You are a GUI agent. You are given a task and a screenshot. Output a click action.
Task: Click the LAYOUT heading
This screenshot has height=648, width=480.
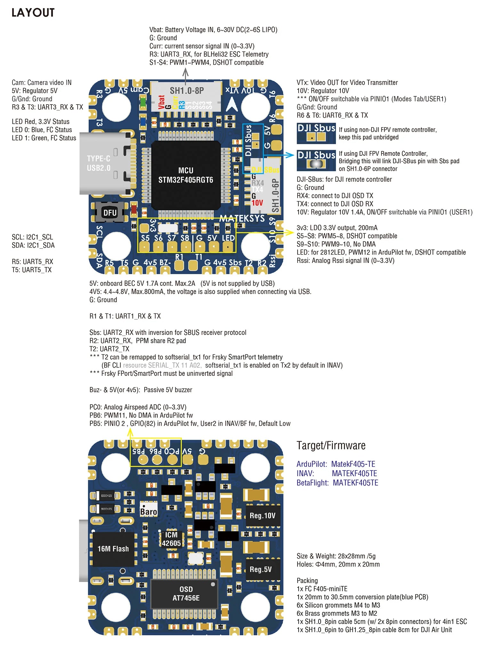click(x=33, y=13)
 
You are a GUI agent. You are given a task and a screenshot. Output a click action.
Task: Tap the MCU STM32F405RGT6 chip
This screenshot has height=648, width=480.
click(x=186, y=175)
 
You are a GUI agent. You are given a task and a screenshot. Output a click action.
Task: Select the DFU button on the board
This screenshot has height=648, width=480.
click(x=110, y=213)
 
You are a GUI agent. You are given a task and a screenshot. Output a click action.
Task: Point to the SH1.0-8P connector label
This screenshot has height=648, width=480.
click(x=187, y=91)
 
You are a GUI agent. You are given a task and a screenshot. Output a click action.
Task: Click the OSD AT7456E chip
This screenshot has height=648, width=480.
click(x=186, y=594)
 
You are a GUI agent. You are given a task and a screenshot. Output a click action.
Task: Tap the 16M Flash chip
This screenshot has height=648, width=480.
click(x=113, y=549)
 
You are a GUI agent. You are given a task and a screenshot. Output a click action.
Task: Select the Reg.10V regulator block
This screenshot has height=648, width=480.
click(x=262, y=516)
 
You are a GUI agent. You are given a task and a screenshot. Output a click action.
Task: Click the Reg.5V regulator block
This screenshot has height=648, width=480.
click(x=261, y=569)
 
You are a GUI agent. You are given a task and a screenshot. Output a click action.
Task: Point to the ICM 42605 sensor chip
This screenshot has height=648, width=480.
click(x=171, y=539)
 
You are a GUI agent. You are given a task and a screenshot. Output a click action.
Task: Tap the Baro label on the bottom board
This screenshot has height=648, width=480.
click(x=148, y=512)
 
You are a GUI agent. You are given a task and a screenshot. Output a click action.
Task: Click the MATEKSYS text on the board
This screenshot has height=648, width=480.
click(x=242, y=218)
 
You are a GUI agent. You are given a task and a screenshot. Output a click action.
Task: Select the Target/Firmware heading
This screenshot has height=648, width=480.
click(x=331, y=446)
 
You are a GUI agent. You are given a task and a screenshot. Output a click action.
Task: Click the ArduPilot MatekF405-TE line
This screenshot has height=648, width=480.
click(x=336, y=464)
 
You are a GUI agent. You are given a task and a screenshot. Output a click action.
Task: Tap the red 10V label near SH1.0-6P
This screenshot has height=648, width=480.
click(x=257, y=203)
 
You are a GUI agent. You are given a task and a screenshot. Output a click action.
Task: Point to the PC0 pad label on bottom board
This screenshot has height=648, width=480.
click(x=172, y=451)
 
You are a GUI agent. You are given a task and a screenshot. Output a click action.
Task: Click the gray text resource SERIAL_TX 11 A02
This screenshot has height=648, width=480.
click(x=162, y=365)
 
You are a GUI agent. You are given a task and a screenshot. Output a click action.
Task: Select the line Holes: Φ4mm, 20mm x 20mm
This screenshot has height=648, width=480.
click(x=338, y=564)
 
